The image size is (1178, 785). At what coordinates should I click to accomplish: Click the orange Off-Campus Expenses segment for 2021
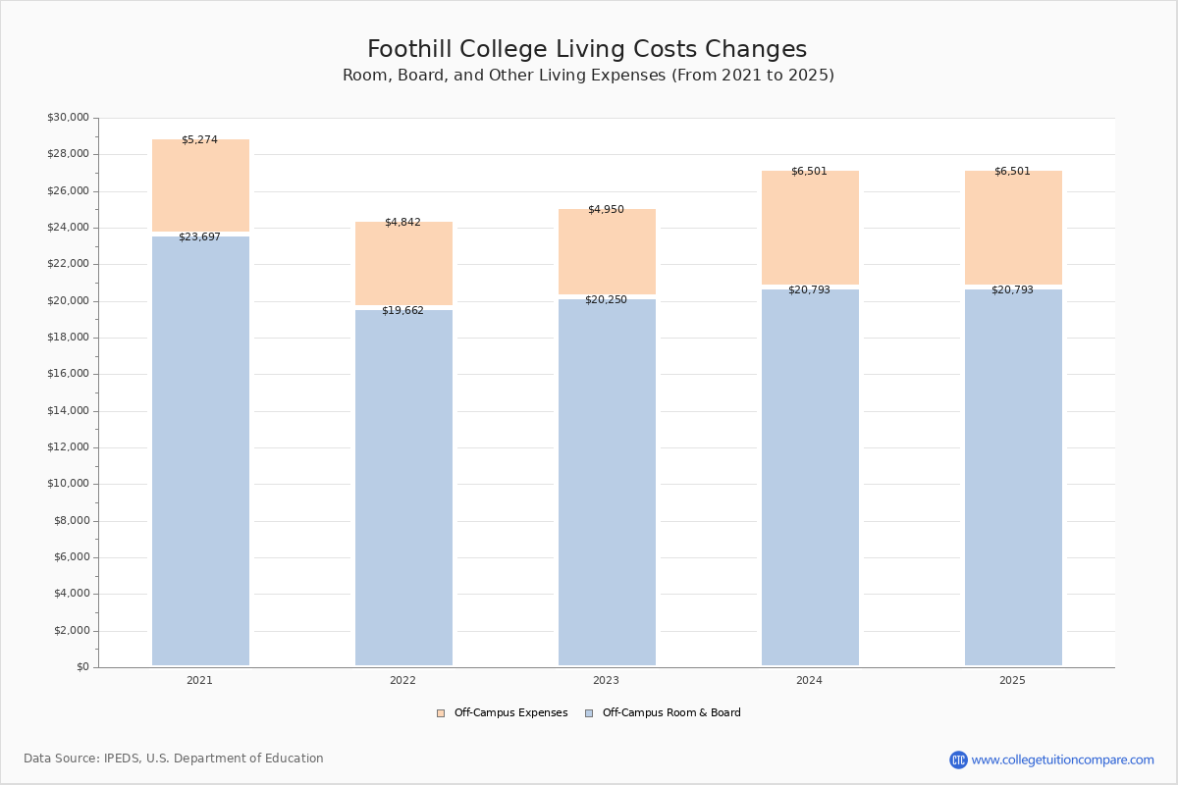point(200,186)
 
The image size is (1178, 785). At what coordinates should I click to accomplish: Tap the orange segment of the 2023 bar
point(607,252)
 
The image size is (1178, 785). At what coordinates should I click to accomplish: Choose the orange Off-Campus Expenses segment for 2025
point(1013,229)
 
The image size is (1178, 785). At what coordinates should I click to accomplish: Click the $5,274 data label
point(199,140)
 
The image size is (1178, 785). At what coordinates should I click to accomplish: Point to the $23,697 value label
point(199,237)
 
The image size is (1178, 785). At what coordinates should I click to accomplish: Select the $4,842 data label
point(402,223)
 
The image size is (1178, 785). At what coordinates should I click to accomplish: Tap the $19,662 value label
point(402,311)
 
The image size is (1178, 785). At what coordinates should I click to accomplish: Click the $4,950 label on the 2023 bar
point(606,210)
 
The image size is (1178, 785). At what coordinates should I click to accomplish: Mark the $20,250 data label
point(606,300)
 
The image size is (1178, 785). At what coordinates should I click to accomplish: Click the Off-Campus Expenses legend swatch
point(441,713)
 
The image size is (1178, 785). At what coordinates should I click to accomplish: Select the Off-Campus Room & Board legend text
point(671,713)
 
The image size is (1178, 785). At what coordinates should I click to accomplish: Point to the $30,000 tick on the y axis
point(68,118)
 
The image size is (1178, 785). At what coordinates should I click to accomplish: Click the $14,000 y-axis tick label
point(68,411)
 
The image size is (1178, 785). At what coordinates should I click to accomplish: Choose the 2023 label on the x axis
point(606,681)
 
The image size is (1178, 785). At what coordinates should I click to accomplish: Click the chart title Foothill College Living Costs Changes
point(587,50)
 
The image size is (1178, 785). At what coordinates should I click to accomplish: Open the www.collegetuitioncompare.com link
point(1062,760)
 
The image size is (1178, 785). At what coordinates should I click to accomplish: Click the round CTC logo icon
point(958,760)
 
